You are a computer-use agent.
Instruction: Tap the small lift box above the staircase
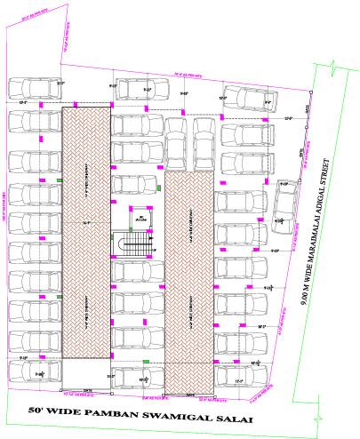(138, 216)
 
